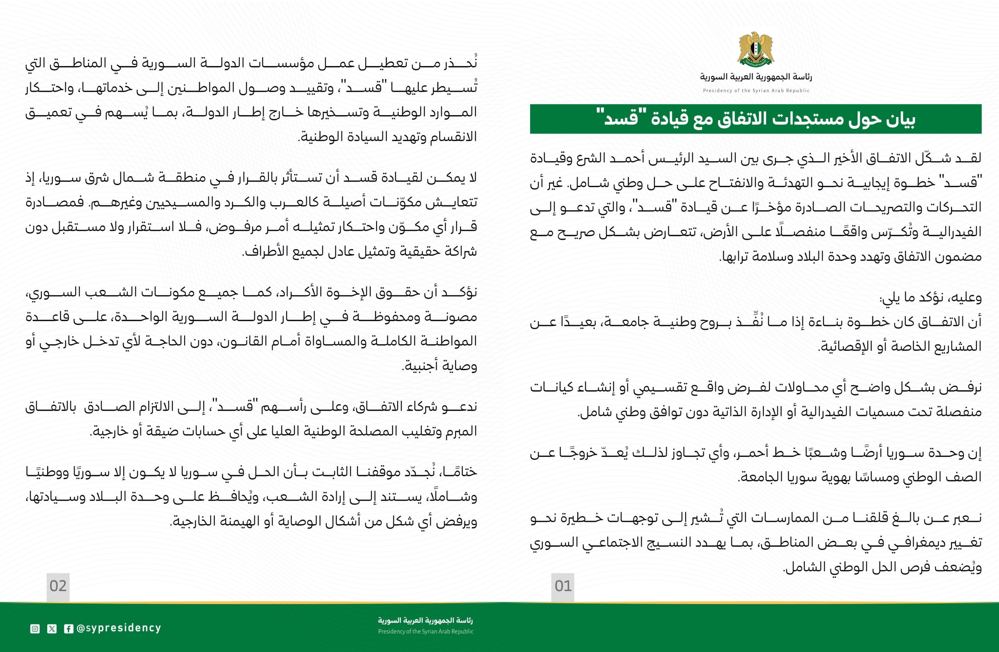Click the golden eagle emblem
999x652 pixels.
click(x=755, y=49)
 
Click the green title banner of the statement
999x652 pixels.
click(x=755, y=119)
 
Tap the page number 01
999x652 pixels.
click(x=563, y=586)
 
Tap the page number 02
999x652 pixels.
click(x=58, y=586)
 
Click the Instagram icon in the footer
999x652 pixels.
click(x=35, y=629)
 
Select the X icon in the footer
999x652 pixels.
click(x=52, y=629)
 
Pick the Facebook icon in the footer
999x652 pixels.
click(x=68, y=629)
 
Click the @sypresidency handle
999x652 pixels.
click(x=119, y=628)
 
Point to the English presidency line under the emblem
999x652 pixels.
click(x=756, y=91)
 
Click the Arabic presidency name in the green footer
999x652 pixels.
click(x=425, y=620)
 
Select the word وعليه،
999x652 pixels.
click(x=963, y=297)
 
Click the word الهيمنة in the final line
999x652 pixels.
click(x=229, y=522)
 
